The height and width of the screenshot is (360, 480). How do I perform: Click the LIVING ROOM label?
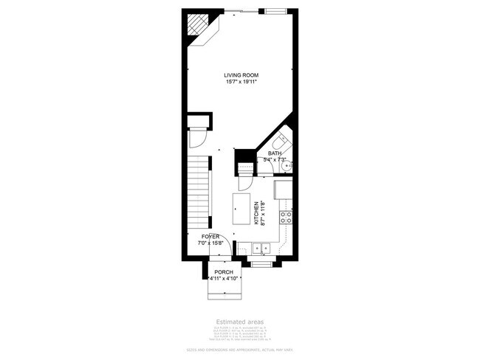241,75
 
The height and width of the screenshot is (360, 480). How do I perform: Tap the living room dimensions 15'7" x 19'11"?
241,82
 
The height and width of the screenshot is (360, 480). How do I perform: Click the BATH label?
275,153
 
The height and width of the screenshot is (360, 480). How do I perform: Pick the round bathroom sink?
290,165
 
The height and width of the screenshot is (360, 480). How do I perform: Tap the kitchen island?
241,210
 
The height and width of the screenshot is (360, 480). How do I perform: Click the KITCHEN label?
256,213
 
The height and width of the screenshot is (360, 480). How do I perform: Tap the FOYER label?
210,236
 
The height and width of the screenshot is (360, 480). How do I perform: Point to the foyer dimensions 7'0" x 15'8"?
210,243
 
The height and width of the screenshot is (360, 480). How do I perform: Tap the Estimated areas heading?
239,322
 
